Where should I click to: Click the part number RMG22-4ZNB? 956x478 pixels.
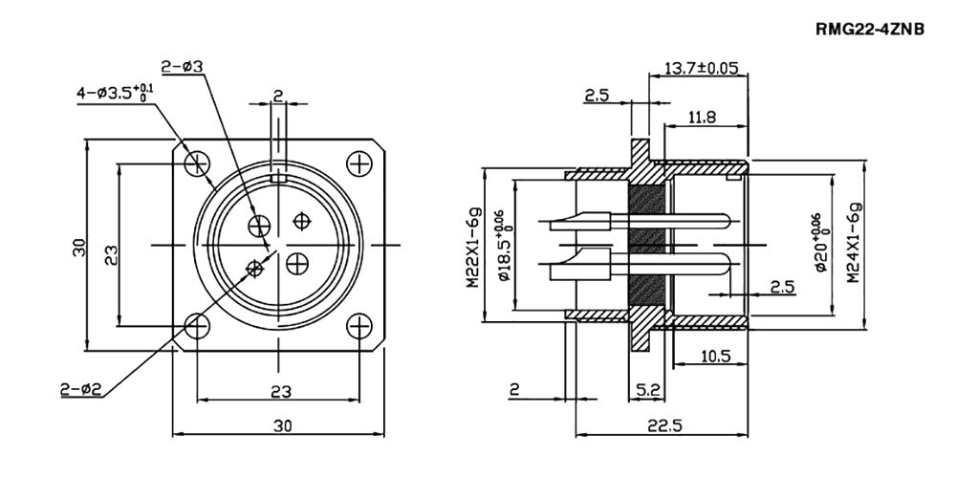pos(870,30)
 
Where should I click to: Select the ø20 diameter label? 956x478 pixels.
pos(819,245)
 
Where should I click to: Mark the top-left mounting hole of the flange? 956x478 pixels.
pos(197,163)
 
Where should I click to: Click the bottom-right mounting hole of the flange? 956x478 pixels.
pos(358,325)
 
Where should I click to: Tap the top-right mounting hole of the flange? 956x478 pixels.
pos(358,163)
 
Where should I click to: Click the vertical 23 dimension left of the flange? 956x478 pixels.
pos(112,253)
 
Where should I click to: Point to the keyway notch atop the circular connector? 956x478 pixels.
pos(278,178)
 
